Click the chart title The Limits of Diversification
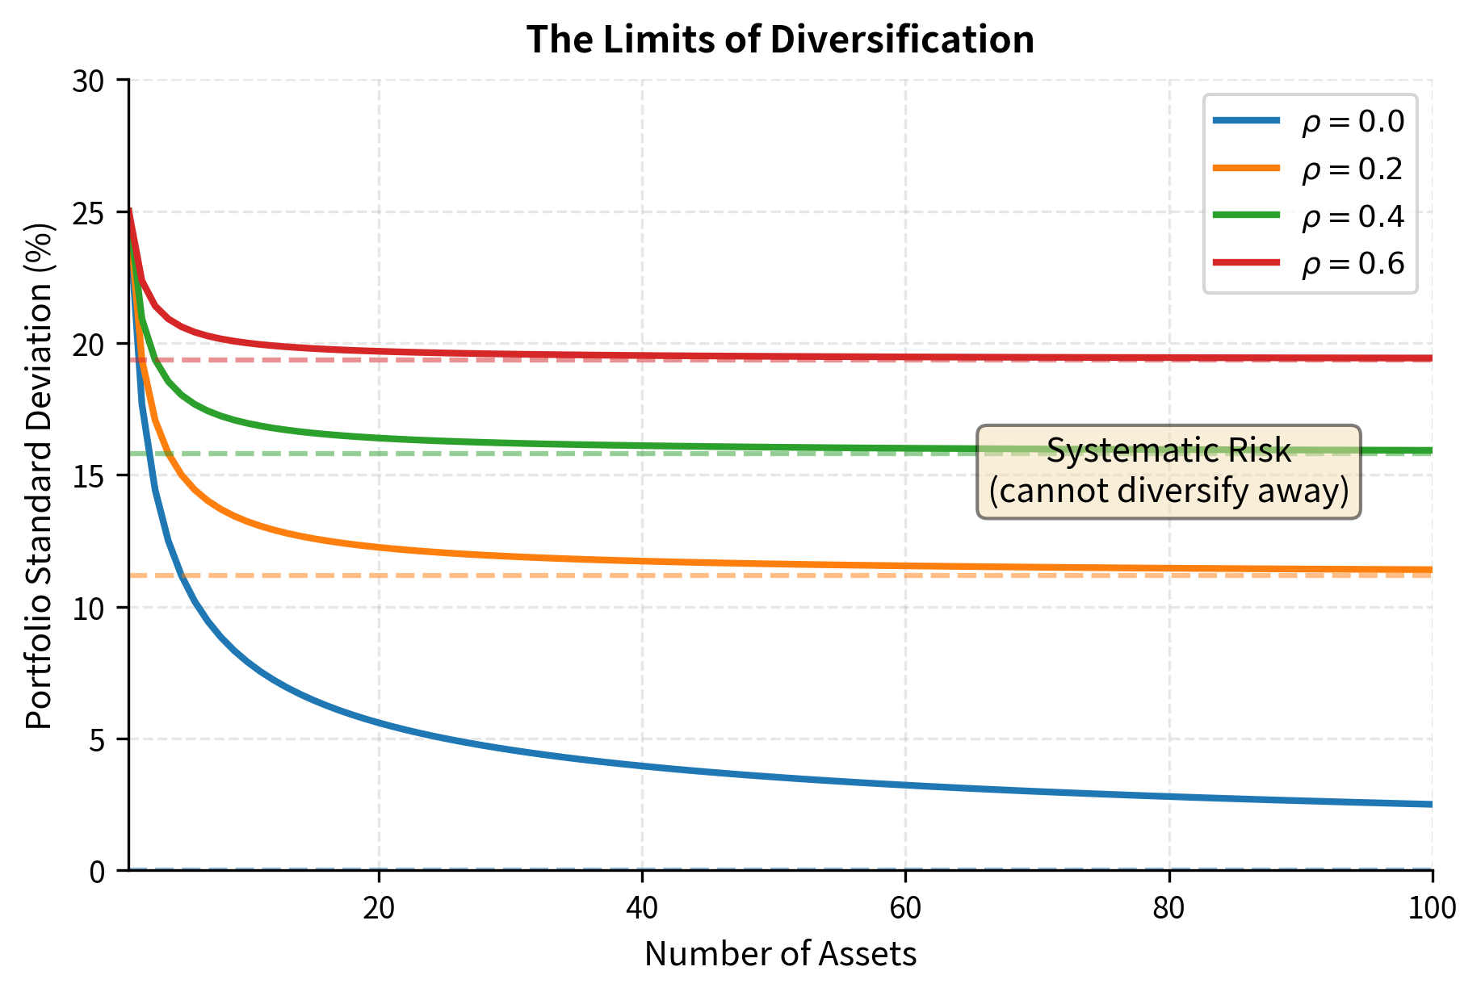point(780,40)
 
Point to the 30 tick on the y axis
point(89,81)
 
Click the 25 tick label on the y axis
point(89,213)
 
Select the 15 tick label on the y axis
point(89,476)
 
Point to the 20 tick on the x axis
point(378,908)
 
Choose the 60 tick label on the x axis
point(905,908)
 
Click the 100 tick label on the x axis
point(1432,908)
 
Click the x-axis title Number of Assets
point(780,954)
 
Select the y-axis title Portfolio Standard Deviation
point(39,475)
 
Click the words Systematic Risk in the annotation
point(1168,450)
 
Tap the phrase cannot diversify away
point(1168,491)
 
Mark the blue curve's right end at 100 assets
point(1431,804)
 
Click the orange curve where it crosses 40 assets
point(642,561)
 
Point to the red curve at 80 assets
point(1168,358)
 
